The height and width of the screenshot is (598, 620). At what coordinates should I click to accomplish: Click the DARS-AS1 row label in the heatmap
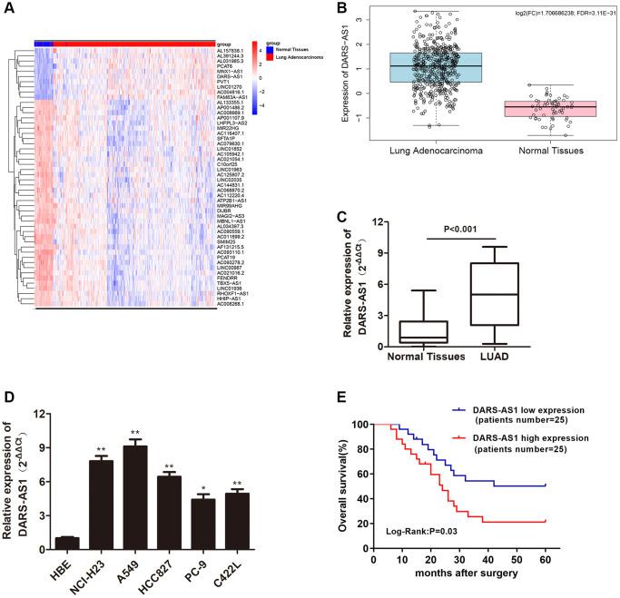(229, 77)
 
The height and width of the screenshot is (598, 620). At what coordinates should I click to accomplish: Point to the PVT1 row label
(224, 83)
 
